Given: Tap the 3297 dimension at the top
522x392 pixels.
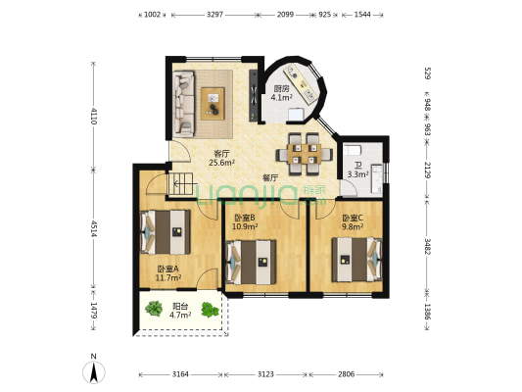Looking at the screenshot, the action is click(x=214, y=15).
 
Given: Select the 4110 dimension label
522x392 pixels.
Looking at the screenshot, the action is click(x=94, y=116).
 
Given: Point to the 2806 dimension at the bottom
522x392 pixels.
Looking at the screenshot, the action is click(x=347, y=374).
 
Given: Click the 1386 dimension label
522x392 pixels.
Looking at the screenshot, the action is click(x=428, y=312).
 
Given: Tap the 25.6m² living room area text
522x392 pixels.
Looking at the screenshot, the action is click(x=221, y=163).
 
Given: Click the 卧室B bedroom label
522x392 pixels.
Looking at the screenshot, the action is click(x=245, y=218).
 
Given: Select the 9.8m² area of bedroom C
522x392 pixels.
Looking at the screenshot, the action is click(x=353, y=226).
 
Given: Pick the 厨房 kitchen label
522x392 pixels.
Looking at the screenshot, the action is click(x=281, y=88).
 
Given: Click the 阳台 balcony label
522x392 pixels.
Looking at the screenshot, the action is click(x=180, y=306).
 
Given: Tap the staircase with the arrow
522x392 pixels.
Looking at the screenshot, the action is click(x=181, y=184).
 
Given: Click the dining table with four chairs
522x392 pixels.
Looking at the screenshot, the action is click(x=305, y=154).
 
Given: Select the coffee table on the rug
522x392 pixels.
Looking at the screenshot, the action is click(x=213, y=104).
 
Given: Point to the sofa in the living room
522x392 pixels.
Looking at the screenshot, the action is click(x=183, y=105).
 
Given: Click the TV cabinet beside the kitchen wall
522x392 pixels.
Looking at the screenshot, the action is click(x=254, y=96).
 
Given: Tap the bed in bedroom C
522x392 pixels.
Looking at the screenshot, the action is click(x=356, y=259).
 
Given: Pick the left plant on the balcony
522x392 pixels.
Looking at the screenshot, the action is click(x=154, y=308).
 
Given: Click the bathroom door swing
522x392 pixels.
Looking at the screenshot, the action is click(x=349, y=188).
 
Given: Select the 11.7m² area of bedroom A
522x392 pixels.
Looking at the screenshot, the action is click(x=168, y=277).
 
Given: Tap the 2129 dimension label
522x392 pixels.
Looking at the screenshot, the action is click(x=428, y=170).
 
